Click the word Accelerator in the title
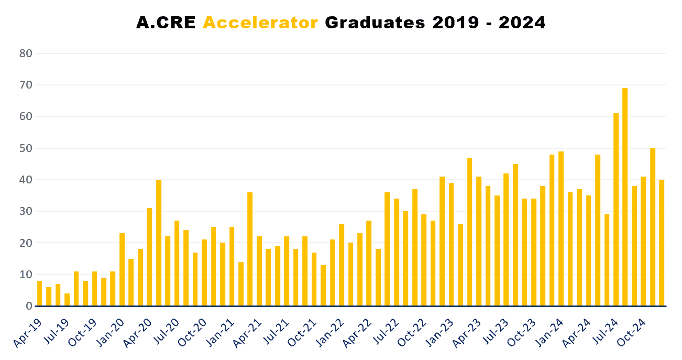point(260,23)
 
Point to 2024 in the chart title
point(522,23)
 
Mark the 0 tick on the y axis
point(29,306)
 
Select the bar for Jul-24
point(616,210)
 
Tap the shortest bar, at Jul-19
point(67,300)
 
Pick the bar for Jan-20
point(122,270)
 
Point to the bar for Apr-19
point(40,293)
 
